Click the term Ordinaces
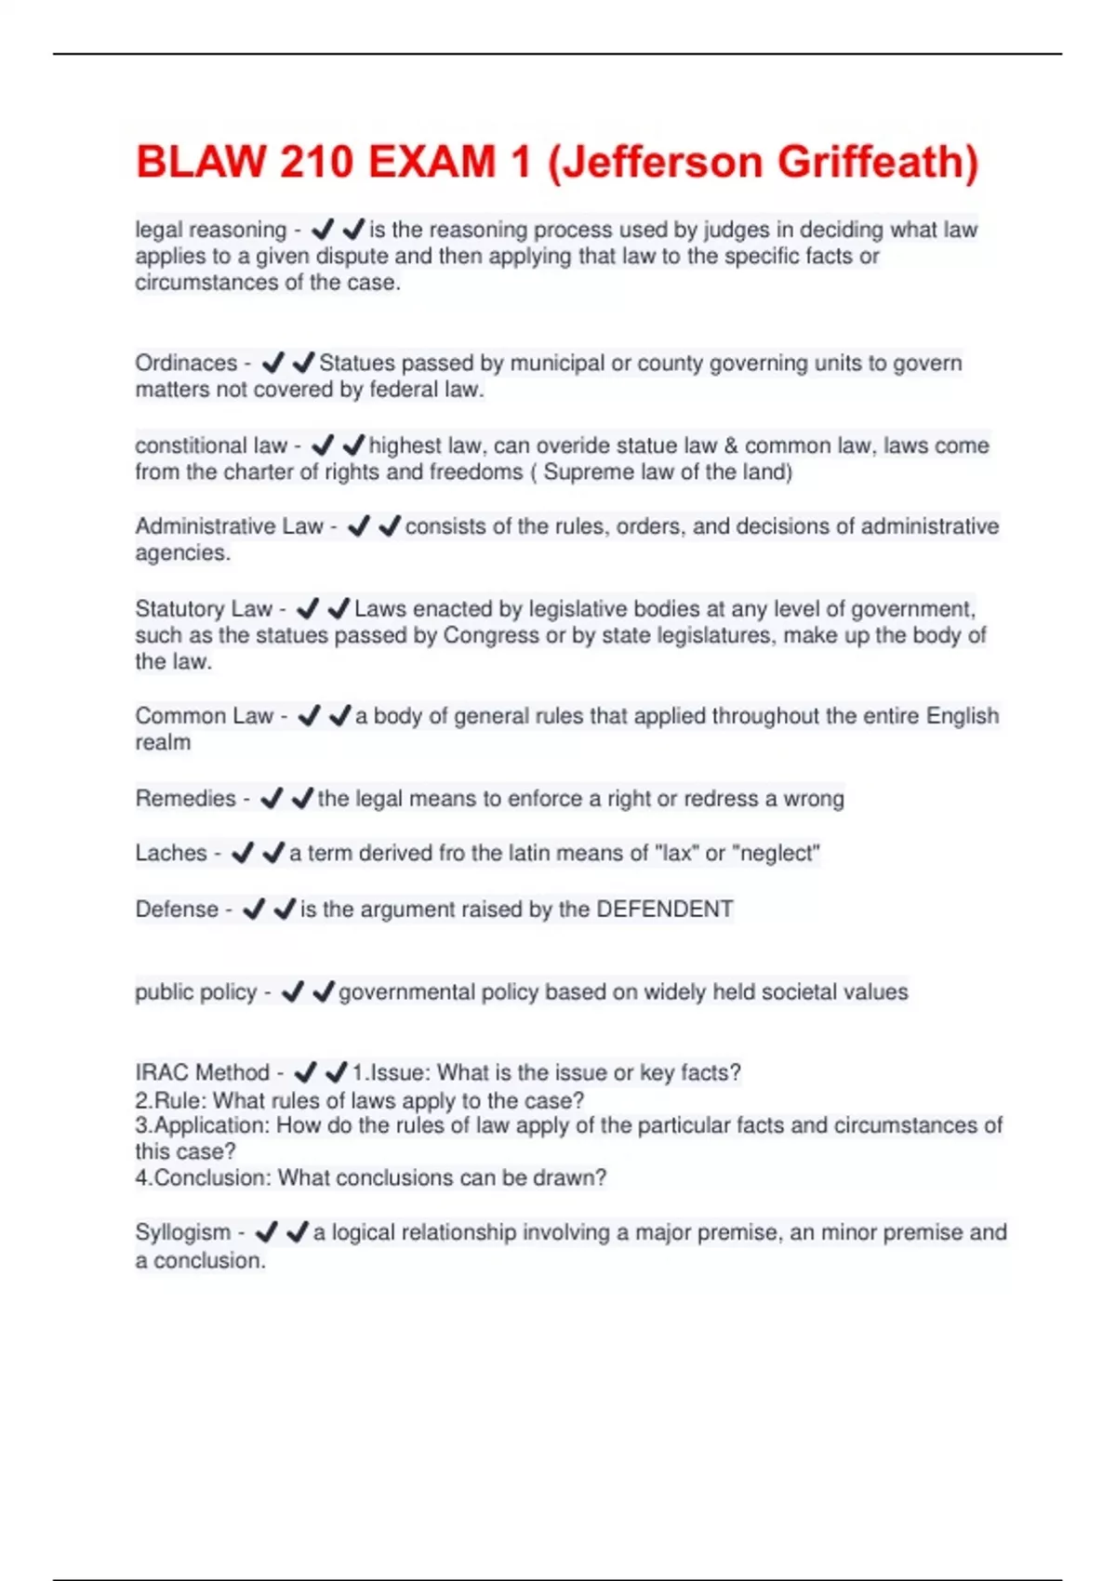click(x=186, y=363)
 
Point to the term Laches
click(x=171, y=853)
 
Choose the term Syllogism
click(x=183, y=1232)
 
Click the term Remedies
click(x=186, y=799)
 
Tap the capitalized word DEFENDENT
click(x=664, y=910)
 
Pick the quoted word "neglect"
click(x=777, y=853)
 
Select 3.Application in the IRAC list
click(x=203, y=1125)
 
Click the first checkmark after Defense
click(x=253, y=910)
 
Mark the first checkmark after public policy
click(x=292, y=992)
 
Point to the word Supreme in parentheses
click(x=586, y=472)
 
